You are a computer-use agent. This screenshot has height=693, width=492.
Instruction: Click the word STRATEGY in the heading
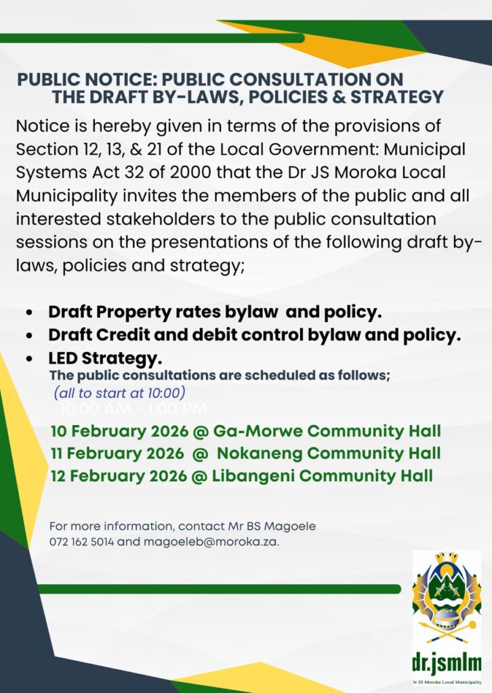[400, 97]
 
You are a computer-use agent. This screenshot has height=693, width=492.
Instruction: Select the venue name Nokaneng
[259, 453]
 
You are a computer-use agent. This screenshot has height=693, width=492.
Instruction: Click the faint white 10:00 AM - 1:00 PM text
[134, 409]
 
